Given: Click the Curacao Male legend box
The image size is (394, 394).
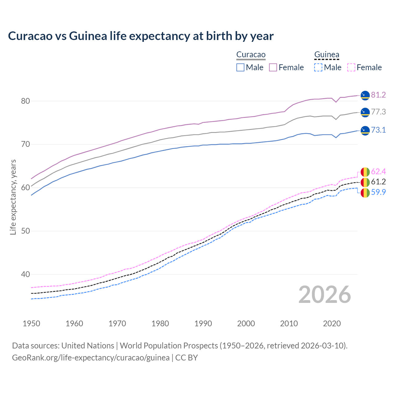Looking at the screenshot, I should click(240, 67).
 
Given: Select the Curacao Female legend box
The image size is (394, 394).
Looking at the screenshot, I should click(273, 67).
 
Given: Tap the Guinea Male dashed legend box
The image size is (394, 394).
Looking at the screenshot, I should click(318, 67).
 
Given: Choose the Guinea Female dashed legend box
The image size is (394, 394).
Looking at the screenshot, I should click(351, 67).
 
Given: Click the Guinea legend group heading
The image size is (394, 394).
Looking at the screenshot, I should click(327, 55).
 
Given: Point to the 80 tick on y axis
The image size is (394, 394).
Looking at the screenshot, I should click(25, 101).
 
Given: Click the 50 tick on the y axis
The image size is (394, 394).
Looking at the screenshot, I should click(25, 231).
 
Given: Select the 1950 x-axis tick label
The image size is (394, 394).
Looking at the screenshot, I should click(31, 324).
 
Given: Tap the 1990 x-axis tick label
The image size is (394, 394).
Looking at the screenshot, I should click(203, 324).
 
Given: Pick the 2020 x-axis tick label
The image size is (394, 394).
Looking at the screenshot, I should click(332, 324).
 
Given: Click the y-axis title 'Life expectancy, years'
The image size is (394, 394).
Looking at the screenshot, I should click(13, 197).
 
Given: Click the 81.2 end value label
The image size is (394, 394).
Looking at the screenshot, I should click(378, 95).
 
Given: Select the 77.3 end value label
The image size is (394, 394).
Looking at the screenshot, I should click(378, 112).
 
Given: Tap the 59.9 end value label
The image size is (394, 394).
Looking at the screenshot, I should click(378, 192).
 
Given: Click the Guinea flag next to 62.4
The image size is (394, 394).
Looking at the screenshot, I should click(365, 172).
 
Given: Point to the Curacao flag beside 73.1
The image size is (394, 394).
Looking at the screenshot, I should click(365, 131).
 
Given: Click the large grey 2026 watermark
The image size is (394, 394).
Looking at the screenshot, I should click(324, 295).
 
